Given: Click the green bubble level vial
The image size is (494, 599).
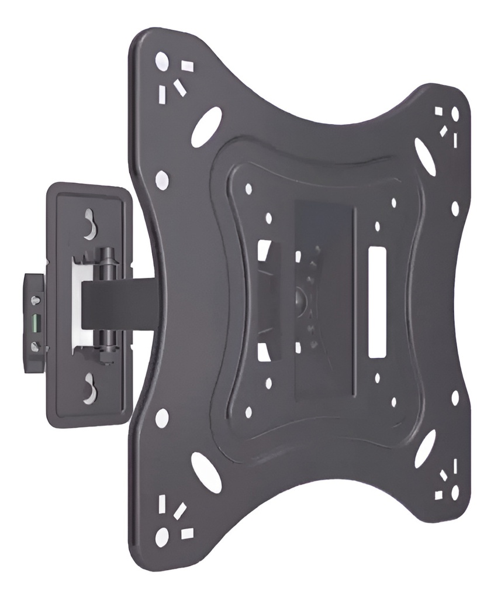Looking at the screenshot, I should [x=35, y=321].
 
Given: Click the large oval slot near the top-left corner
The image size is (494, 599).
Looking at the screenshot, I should [x=206, y=126].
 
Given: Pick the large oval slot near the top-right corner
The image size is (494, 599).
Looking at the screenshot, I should [x=424, y=156].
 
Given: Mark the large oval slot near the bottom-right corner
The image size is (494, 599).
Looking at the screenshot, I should [x=425, y=448].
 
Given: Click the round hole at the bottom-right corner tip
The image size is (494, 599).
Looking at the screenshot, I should [x=455, y=493].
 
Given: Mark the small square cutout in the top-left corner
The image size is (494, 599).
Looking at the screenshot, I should [x=187, y=66].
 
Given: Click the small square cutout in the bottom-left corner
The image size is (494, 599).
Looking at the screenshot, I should [x=187, y=533].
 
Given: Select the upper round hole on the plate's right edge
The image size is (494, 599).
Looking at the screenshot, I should [x=455, y=208].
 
